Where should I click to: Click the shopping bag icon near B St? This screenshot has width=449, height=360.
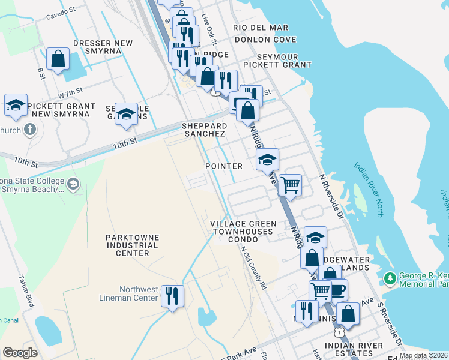point(58,59)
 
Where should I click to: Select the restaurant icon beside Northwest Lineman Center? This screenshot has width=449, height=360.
point(172,296)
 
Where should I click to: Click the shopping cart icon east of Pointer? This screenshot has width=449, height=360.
point(290,184)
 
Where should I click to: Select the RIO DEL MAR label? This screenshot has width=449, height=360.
point(261,28)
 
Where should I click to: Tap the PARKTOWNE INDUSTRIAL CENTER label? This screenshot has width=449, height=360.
point(132,245)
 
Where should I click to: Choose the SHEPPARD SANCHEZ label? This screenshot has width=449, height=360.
point(205,130)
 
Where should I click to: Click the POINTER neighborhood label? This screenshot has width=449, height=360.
point(224,166)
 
